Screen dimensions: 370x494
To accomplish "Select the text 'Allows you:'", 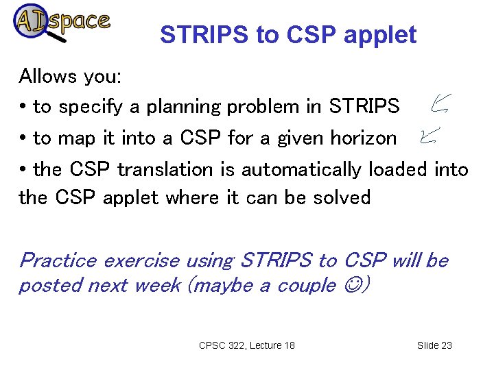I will pyautogui.click(x=70, y=76).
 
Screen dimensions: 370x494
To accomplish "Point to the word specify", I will pyautogui.click(x=88, y=108).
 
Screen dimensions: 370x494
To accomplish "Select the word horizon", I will pyautogui.click(x=363, y=138).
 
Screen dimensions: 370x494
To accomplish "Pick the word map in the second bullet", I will pyautogui.click(x=76, y=138).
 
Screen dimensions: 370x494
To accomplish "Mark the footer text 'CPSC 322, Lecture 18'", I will pyautogui.click(x=246, y=345).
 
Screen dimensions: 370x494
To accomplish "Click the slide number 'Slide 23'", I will pyautogui.click(x=434, y=345).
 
